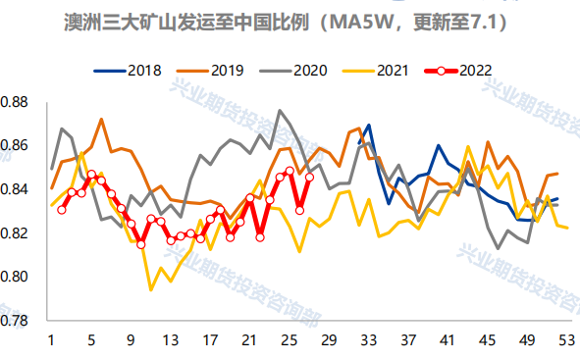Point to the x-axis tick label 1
click(x=51, y=340)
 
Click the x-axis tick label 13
click(x=171, y=340)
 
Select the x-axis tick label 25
click(x=290, y=340)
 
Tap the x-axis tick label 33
click(x=368, y=340)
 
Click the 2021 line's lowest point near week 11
click(x=151, y=289)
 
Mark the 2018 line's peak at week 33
click(x=368, y=126)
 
